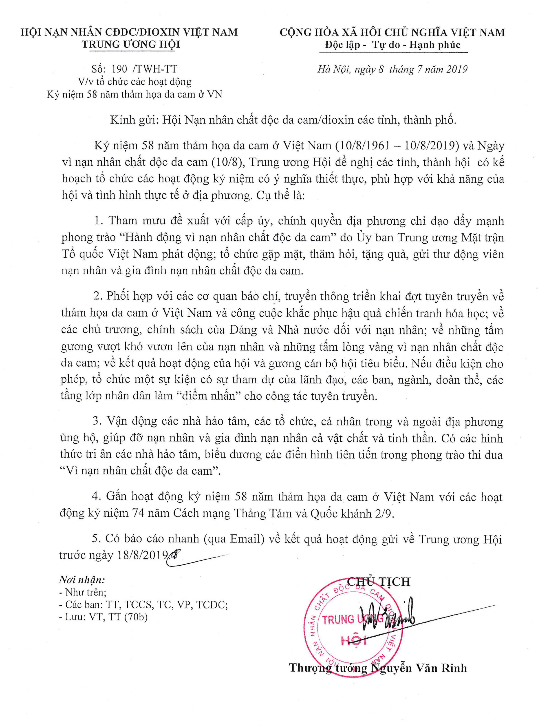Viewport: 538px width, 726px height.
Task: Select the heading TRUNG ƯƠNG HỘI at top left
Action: point(131,44)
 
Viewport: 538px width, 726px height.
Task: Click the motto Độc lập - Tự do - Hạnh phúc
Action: point(393,45)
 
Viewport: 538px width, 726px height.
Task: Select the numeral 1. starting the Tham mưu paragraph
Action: point(98,221)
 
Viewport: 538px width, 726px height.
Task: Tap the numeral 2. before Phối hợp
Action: point(98,296)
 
